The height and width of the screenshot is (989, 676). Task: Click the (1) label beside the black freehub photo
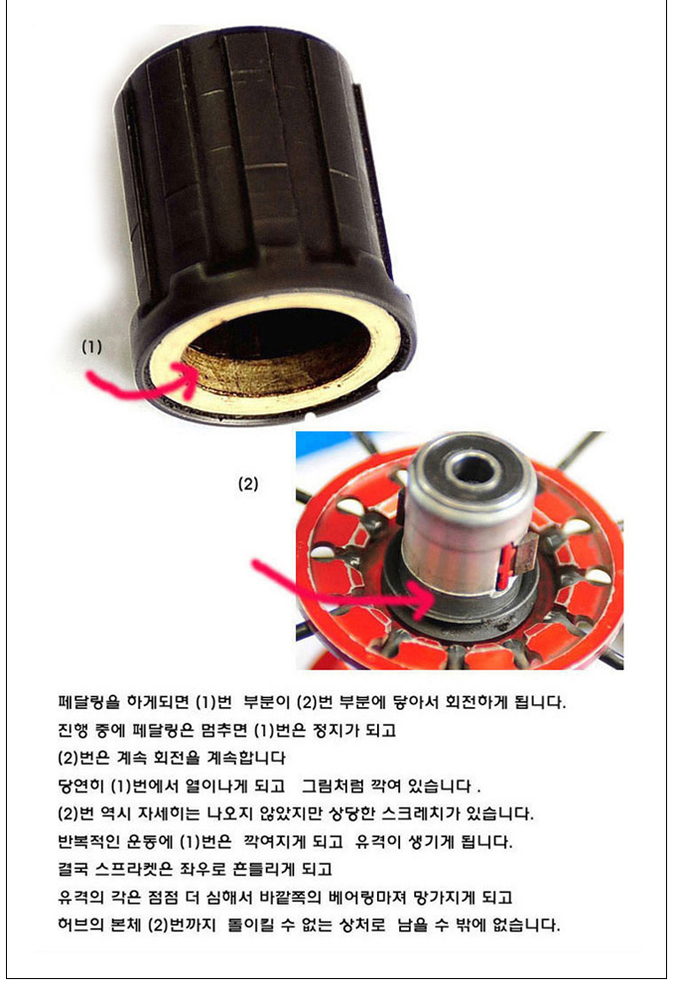(x=91, y=347)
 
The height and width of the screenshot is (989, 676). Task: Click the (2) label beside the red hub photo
(x=248, y=484)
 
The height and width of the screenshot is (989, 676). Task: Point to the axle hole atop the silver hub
(x=471, y=470)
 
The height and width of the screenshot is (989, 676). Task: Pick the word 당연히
(x=80, y=785)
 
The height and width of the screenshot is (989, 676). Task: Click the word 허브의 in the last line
(x=80, y=925)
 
